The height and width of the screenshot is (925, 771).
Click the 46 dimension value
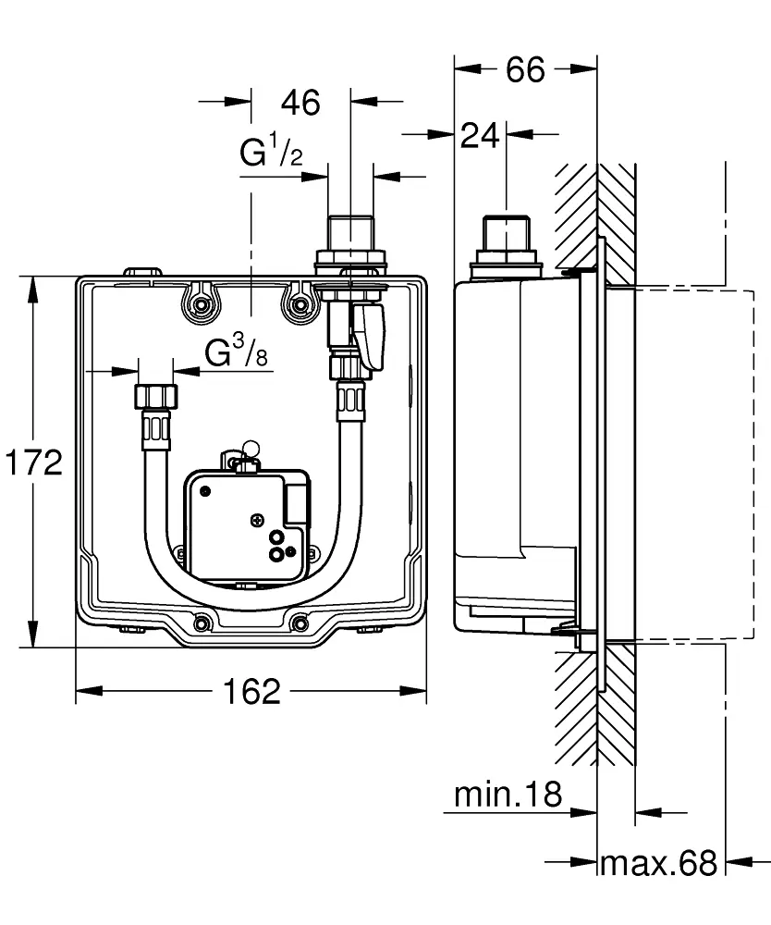(x=300, y=102)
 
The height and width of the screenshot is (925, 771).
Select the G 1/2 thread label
(x=271, y=153)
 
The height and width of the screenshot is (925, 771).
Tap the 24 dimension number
(x=480, y=136)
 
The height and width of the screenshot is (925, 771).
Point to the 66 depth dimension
(x=525, y=70)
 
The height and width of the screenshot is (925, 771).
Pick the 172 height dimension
(x=31, y=462)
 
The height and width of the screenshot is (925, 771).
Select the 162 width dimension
(x=251, y=691)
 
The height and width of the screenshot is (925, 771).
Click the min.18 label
(x=508, y=794)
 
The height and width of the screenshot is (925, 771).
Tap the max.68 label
(x=658, y=864)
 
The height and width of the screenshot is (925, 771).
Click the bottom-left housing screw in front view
(x=200, y=622)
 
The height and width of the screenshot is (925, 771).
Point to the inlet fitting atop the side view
(x=506, y=242)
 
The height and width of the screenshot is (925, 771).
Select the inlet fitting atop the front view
(x=350, y=242)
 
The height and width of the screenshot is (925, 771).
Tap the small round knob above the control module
(x=248, y=450)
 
